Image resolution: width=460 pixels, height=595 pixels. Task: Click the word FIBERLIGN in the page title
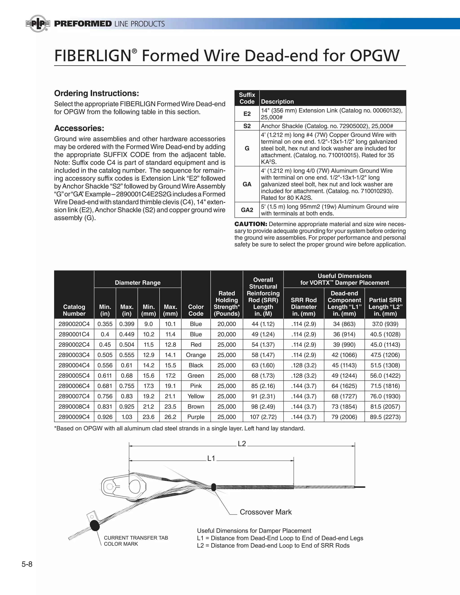coord(93,56)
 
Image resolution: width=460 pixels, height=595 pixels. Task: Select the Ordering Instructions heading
coord(96,93)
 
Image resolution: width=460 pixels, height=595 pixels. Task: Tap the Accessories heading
coord(79,128)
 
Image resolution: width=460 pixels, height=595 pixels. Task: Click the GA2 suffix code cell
coord(247,210)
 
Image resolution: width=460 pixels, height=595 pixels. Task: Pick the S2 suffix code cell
coord(247,126)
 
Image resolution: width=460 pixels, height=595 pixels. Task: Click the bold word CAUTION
coord(251,224)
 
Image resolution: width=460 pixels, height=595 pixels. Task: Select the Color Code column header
coord(196,310)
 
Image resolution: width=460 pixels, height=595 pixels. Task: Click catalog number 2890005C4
coord(74,375)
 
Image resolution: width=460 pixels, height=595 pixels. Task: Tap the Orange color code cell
coord(196,355)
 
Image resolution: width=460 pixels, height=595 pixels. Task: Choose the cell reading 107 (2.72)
coord(263,416)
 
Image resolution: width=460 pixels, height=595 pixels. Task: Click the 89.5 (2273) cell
coord(385,416)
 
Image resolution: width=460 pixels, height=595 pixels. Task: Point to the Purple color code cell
coord(196,416)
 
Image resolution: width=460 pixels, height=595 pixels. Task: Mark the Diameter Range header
coord(138,282)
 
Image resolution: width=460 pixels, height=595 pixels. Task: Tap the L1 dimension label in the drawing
coord(211,458)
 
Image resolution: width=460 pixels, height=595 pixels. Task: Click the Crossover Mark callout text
coord(265,512)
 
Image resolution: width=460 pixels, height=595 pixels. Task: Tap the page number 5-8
coord(27,564)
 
